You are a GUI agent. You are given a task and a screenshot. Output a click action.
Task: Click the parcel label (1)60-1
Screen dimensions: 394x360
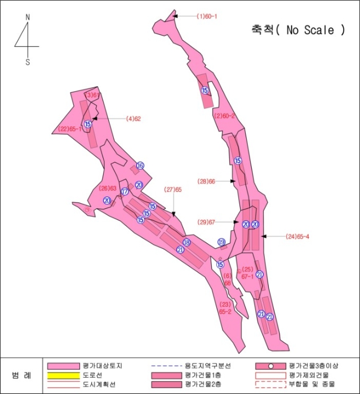(x=207, y=16)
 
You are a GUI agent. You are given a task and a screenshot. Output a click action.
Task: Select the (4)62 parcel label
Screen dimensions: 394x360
(x=134, y=119)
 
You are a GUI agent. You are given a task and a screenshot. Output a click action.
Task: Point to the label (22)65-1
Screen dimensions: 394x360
(x=70, y=129)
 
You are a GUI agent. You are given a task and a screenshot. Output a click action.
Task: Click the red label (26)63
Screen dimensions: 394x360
(x=107, y=188)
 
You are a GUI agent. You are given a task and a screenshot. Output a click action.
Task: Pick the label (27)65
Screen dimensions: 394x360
(x=173, y=189)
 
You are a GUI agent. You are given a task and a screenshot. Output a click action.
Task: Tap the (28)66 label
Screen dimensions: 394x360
(x=207, y=181)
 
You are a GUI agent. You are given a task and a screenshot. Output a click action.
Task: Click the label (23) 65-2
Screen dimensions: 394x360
(x=225, y=307)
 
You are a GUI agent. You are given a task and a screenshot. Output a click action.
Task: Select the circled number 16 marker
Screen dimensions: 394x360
(x=140, y=165)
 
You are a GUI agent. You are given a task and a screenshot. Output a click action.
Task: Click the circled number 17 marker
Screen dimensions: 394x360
(x=125, y=191)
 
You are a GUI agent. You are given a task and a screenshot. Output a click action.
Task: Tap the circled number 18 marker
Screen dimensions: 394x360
(x=186, y=243)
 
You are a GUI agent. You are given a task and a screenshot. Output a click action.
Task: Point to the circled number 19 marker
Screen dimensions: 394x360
(x=221, y=241)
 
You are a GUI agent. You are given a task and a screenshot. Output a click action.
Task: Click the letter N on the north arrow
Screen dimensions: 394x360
(x=28, y=17)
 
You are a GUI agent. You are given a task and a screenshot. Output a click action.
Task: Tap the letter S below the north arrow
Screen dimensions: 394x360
(x=28, y=62)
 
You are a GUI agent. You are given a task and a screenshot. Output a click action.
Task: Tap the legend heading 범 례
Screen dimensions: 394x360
(x=21, y=375)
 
